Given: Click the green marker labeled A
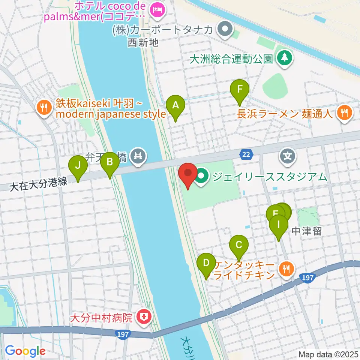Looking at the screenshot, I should click(175, 105).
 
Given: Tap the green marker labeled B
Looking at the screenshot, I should click(110, 162).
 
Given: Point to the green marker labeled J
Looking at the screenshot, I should click(78, 165).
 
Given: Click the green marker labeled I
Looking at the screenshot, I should click(278, 225).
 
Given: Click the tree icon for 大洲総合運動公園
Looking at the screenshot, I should click(285, 58).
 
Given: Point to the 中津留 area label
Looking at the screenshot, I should click(306, 231).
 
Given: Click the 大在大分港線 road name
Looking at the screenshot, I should click(39, 183).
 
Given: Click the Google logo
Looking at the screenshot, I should click(25, 351).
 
